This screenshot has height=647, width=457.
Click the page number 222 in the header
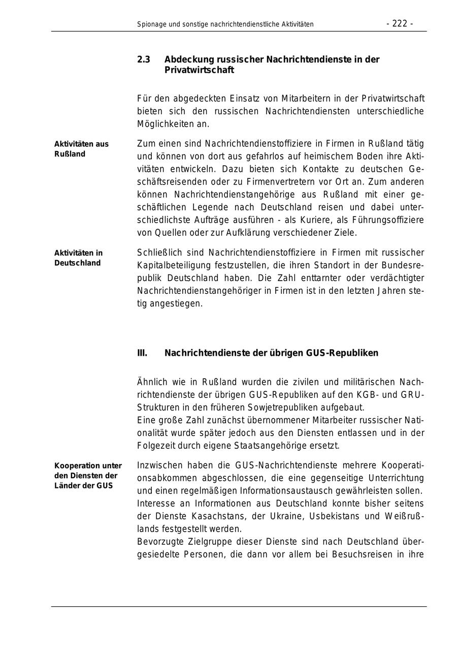(400, 23)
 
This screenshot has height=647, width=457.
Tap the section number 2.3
(143, 59)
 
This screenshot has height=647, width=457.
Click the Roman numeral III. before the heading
(142, 353)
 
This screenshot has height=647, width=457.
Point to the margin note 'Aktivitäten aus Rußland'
(81, 149)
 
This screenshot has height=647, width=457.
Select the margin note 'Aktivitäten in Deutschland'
(78, 258)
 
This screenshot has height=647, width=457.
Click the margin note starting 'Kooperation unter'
(88, 476)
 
